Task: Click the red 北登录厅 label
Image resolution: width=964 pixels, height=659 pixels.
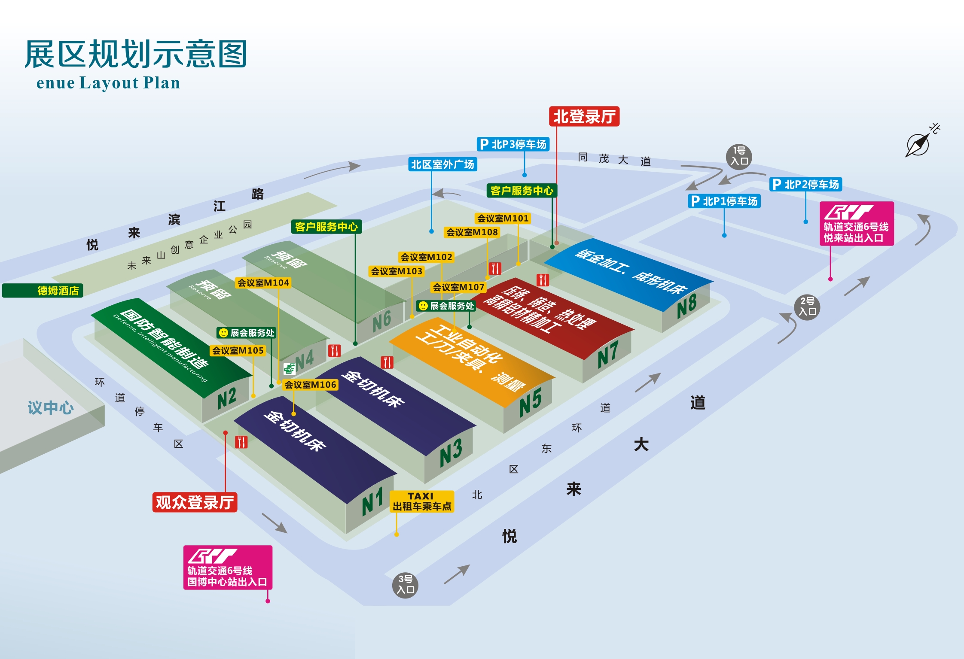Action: coord(584,116)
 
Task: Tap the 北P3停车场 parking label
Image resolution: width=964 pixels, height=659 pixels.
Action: coord(513,144)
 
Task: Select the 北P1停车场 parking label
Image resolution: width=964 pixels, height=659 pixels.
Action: coord(724,201)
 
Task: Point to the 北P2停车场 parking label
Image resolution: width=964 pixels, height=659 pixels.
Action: coord(805,184)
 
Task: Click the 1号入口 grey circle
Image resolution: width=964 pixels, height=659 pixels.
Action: coord(739,156)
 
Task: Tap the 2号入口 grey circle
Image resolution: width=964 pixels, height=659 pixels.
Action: coord(807,307)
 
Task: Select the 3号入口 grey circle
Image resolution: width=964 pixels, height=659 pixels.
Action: coord(405,585)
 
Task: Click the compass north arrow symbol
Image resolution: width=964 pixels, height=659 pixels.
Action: coord(918,144)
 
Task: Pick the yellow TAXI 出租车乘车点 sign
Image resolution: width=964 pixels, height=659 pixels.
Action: coord(422,501)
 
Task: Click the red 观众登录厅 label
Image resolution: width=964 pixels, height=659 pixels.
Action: coord(195,502)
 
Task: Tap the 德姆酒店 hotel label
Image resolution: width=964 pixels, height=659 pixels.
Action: coord(43,291)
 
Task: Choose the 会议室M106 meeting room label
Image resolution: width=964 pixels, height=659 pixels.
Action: coord(310,385)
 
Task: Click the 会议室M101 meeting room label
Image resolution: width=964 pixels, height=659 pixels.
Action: coord(503,218)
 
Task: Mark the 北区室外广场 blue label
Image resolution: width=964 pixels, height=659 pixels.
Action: coord(442,164)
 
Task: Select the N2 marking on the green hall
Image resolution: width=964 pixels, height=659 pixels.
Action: coord(227,398)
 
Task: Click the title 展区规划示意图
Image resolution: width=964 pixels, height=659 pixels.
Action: coord(136,55)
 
